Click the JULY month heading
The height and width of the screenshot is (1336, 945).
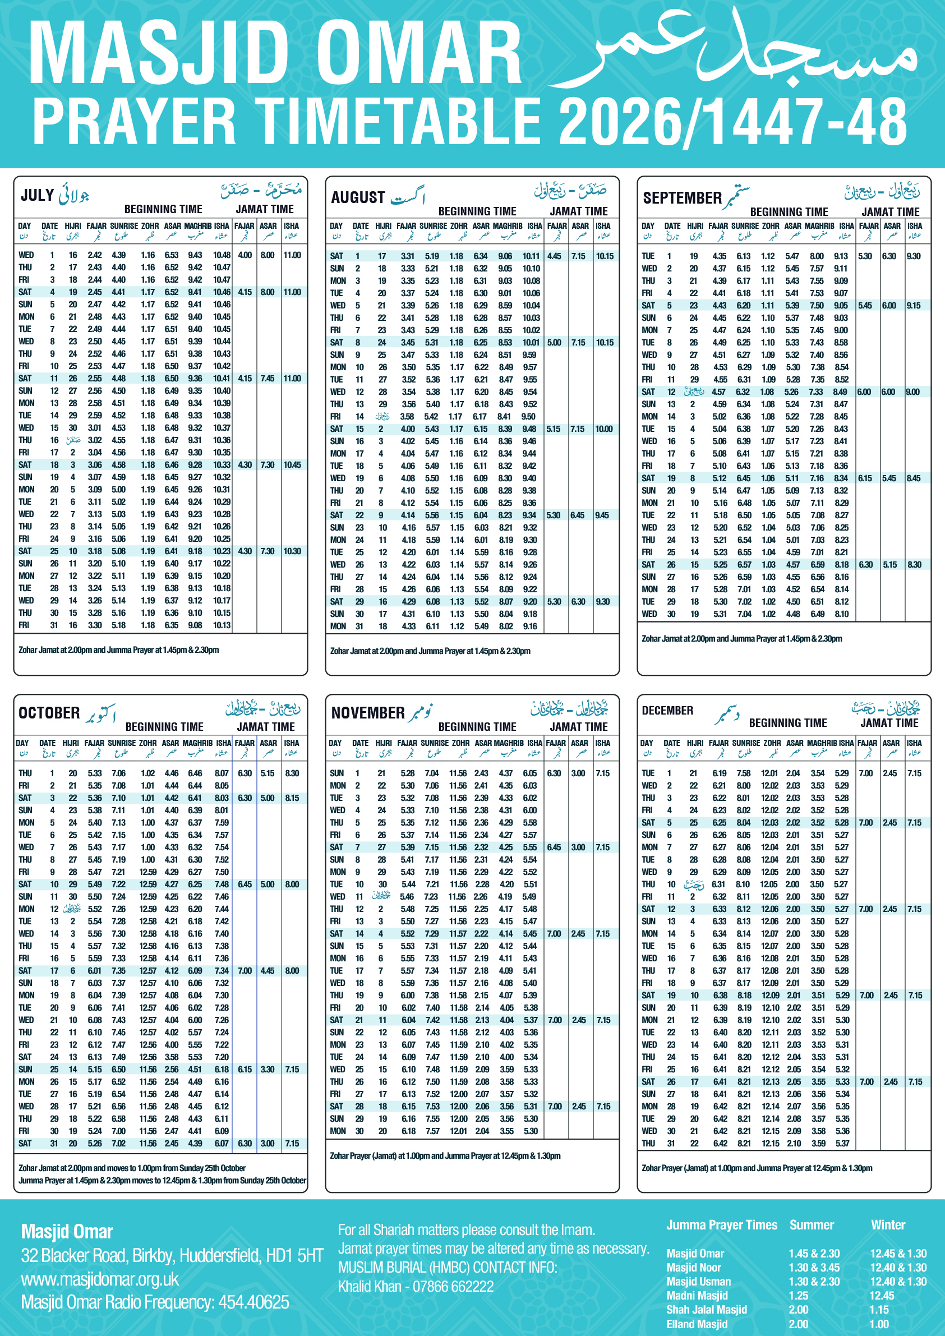37,195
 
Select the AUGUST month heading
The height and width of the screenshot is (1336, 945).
357,197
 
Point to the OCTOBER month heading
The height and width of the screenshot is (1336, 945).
49,713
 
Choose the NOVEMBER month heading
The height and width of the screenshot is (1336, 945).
368,713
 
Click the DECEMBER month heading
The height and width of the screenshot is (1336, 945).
667,711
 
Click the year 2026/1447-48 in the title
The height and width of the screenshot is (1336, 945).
732,121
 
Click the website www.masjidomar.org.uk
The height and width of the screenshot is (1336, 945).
99,1279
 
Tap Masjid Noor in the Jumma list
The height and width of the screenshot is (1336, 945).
694,1268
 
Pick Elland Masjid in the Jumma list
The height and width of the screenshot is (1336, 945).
697,1324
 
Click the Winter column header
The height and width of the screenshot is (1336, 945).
887,1225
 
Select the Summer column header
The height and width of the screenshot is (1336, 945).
811,1225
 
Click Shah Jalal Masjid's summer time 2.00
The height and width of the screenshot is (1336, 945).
799,1310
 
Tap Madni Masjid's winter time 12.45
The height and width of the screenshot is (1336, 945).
882,1295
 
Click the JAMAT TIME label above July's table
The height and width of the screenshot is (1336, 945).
264,209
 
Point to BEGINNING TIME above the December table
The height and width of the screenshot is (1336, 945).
787,723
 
